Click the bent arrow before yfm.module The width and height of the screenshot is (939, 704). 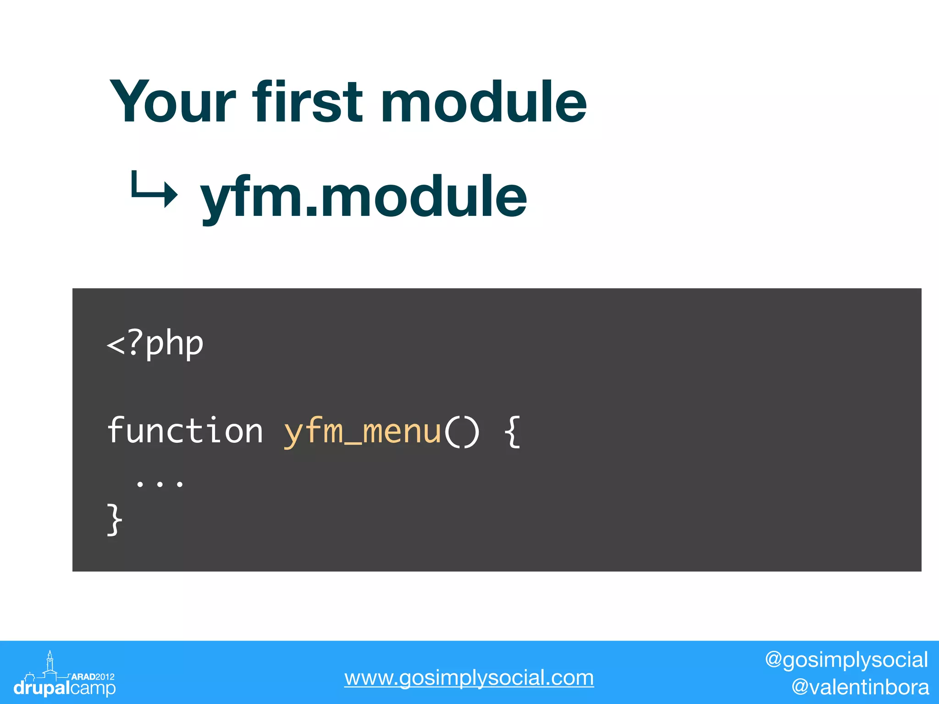[x=154, y=190]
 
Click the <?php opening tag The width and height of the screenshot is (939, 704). [x=155, y=344]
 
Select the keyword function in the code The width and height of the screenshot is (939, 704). [x=185, y=431]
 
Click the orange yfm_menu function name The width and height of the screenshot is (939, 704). [x=362, y=432]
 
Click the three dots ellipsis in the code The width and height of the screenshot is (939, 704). [x=160, y=484]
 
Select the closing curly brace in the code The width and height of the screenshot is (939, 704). [x=114, y=519]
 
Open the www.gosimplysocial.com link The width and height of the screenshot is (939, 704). [x=469, y=678]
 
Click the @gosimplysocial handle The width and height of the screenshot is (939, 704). [x=846, y=660]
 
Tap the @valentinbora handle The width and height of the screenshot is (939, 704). [x=860, y=687]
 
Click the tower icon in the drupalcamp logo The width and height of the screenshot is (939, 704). [x=50, y=662]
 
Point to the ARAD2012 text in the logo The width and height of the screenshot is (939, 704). [x=93, y=676]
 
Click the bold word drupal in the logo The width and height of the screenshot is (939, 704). [x=42, y=688]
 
